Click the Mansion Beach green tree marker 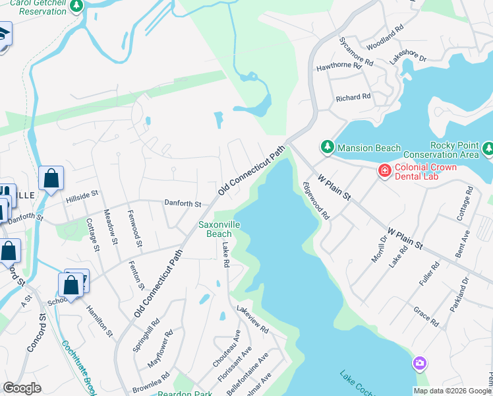(x=327, y=146)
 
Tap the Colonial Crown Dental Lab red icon (x=384, y=171)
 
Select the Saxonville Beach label (x=216, y=229)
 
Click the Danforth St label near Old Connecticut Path (x=183, y=204)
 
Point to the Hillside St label (x=82, y=195)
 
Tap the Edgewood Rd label (x=316, y=201)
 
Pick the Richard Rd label (x=353, y=98)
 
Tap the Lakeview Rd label (x=253, y=319)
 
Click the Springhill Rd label (x=146, y=336)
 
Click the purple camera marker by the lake (x=419, y=363)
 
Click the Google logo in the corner (x=22, y=388)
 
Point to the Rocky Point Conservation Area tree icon (x=488, y=150)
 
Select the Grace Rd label (x=426, y=316)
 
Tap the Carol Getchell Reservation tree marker (x=76, y=5)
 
